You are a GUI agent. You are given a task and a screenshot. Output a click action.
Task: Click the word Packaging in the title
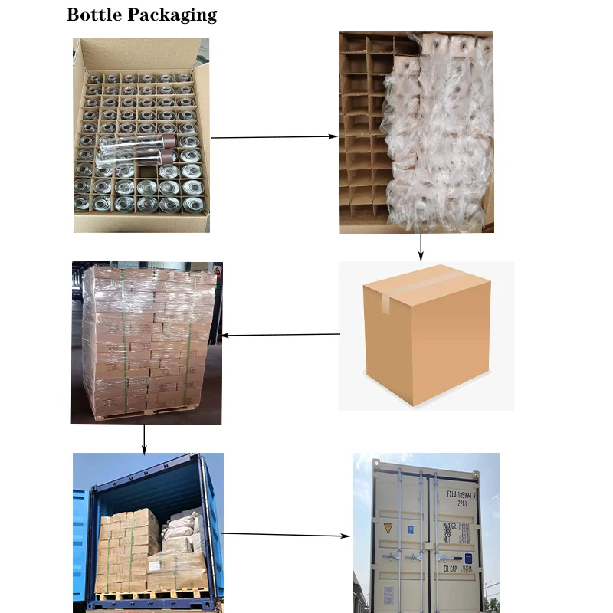(x=174, y=15)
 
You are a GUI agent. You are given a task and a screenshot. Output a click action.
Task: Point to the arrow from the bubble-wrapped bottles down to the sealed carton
(x=421, y=246)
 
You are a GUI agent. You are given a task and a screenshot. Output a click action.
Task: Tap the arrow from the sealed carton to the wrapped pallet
(x=280, y=334)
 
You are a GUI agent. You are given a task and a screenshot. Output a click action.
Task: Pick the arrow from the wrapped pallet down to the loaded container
(x=143, y=438)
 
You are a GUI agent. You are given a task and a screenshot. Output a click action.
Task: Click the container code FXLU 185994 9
(x=463, y=495)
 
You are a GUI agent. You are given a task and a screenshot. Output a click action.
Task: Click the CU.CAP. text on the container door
(x=449, y=568)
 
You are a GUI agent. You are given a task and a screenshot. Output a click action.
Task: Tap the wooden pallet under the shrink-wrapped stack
(x=146, y=415)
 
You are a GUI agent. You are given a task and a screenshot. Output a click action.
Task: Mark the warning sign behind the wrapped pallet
(x=217, y=271)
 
